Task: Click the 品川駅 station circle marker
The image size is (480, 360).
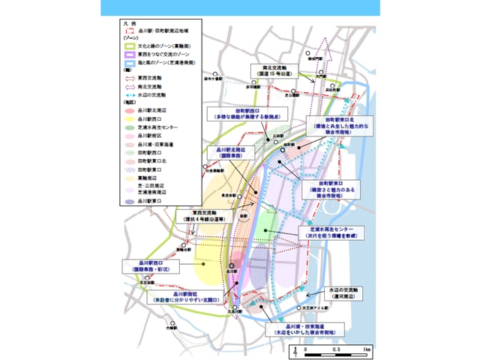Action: (232, 265)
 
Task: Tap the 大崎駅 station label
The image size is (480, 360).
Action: (172, 328)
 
